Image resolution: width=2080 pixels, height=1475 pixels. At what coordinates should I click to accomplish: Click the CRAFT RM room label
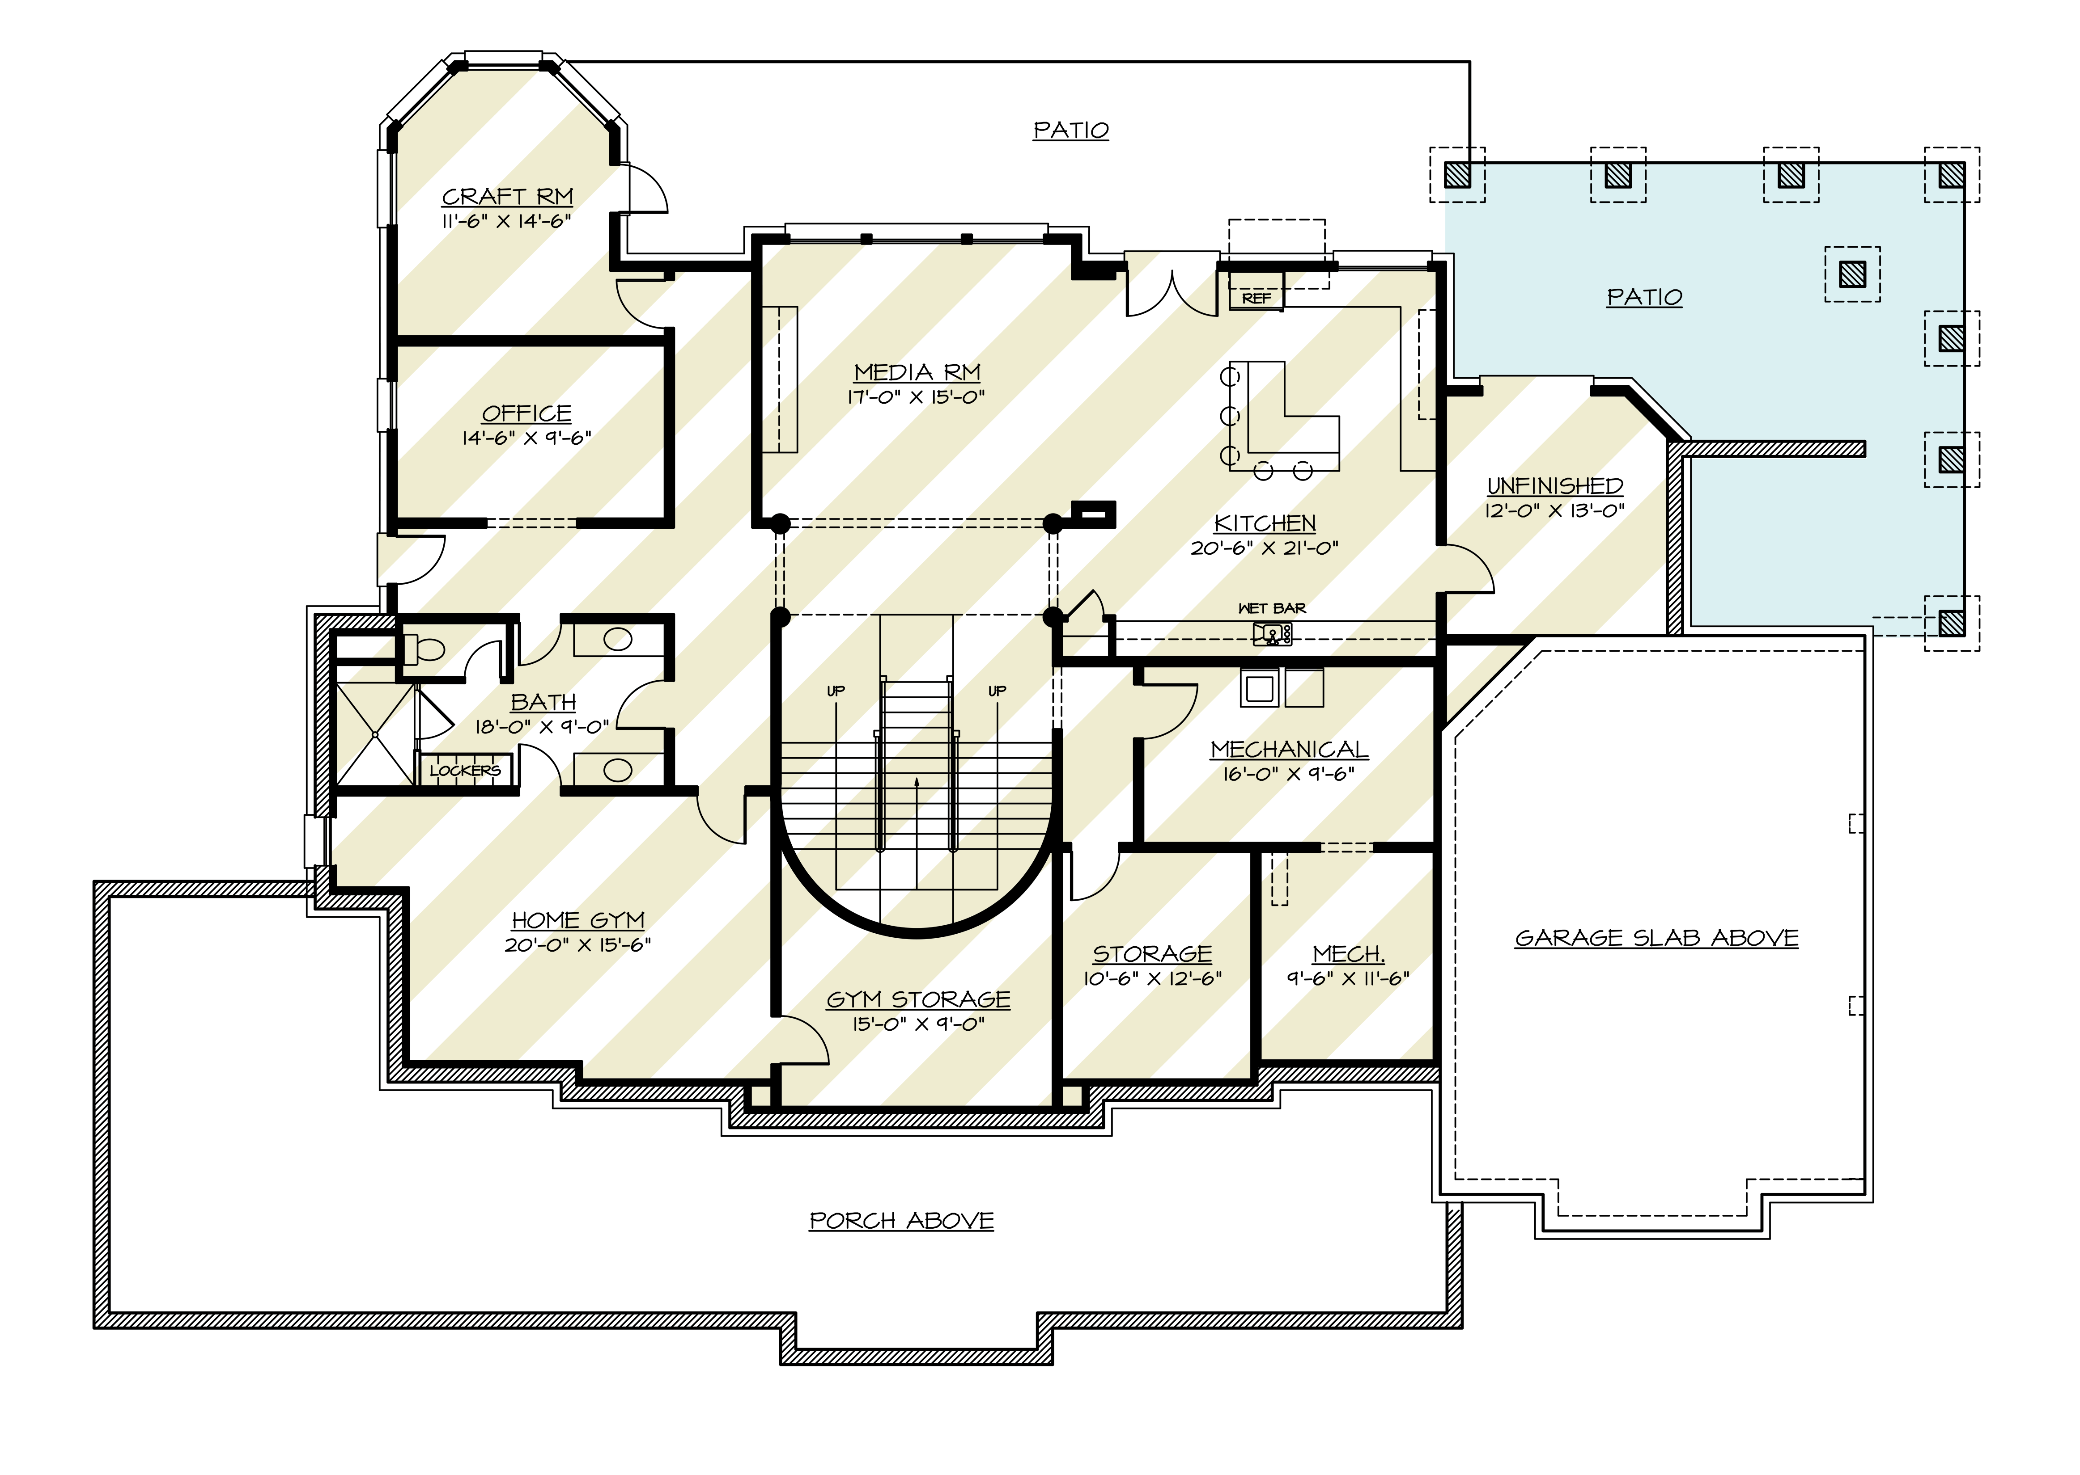507,196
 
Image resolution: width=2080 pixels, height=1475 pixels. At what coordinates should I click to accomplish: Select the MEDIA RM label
917,372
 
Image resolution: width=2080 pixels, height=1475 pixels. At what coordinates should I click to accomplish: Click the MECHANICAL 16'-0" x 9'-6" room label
1289,749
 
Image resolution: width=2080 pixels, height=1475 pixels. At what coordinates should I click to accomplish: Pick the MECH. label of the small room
1348,954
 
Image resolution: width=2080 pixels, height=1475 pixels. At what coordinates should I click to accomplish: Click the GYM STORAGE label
918,999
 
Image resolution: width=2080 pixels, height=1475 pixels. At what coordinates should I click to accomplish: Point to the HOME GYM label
578,920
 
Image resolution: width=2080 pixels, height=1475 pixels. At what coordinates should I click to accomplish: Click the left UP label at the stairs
835,691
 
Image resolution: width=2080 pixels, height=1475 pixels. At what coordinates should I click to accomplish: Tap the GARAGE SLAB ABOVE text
1656,938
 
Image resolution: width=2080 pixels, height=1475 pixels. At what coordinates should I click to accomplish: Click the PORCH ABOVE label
901,1221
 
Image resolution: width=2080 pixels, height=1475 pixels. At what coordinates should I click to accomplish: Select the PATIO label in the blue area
1644,297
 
